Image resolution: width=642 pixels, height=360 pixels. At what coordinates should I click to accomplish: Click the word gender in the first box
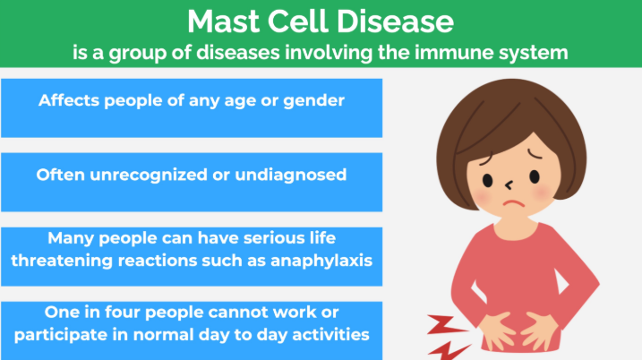pyautogui.click(x=312, y=100)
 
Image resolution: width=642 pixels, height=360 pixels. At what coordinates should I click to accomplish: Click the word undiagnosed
pyautogui.click(x=290, y=175)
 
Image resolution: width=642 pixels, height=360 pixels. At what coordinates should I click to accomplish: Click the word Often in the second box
pyautogui.click(x=60, y=175)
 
